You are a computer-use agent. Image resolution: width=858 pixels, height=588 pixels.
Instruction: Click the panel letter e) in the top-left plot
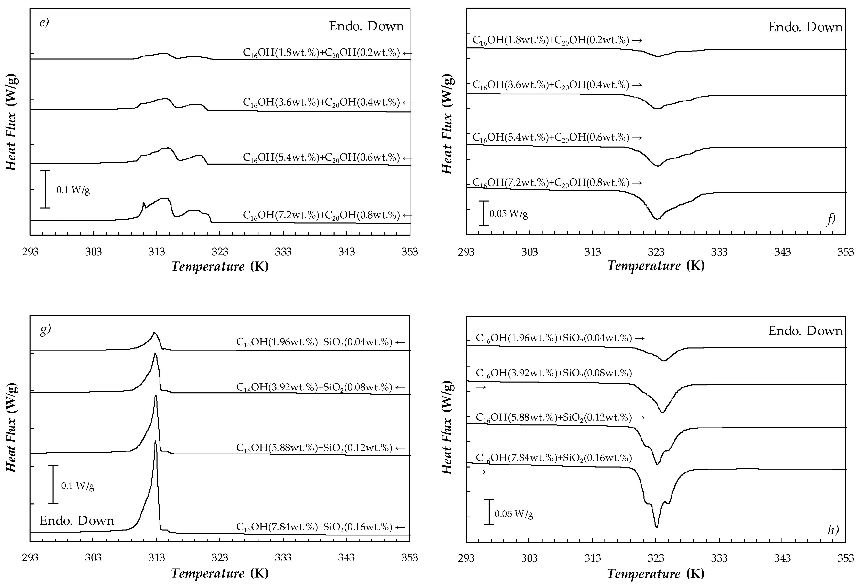pyautogui.click(x=44, y=23)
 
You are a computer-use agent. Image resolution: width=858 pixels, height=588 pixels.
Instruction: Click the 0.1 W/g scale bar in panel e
pyautogui.click(x=45, y=189)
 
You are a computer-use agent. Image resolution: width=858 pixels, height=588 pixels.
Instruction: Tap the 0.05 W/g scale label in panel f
pyautogui.click(x=508, y=214)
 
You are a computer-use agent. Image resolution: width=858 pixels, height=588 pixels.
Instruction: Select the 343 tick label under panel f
pyautogui.click(x=782, y=252)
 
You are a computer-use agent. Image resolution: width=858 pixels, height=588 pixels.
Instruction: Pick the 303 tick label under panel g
pyautogui.click(x=93, y=557)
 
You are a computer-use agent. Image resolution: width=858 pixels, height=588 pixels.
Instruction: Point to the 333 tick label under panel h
pyautogui.click(x=719, y=558)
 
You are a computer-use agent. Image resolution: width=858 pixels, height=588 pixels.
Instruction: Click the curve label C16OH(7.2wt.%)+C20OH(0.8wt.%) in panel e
pyautogui.click(x=321, y=215)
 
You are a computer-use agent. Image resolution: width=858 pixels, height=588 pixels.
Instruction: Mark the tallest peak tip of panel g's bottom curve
pyautogui.click(x=155, y=442)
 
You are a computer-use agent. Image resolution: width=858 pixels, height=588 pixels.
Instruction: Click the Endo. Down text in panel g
pyautogui.click(x=77, y=521)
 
